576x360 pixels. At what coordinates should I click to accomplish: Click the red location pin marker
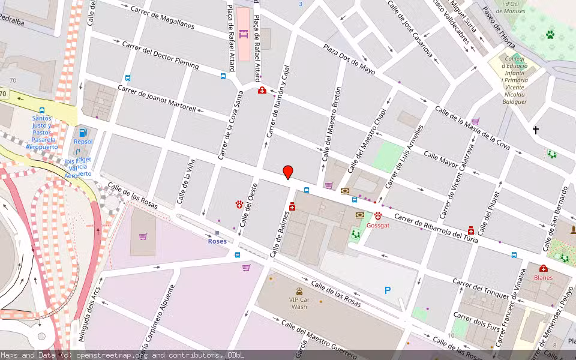click(x=288, y=172)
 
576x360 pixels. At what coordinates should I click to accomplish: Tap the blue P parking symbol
click(x=388, y=290)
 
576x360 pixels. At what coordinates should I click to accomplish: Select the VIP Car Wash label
click(x=299, y=302)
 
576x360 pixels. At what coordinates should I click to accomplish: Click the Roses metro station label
click(x=217, y=241)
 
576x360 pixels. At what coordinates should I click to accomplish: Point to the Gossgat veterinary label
click(x=378, y=226)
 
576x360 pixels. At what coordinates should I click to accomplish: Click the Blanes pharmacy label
click(x=543, y=277)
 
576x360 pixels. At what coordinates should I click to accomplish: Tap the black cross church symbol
click(x=535, y=130)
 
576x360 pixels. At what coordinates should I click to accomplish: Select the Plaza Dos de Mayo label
click(x=349, y=59)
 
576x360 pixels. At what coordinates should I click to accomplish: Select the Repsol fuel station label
click(x=83, y=142)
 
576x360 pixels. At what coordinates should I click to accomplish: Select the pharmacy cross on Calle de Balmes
click(x=292, y=207)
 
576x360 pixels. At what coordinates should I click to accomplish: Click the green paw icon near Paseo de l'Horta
click(x=550, y=35)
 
